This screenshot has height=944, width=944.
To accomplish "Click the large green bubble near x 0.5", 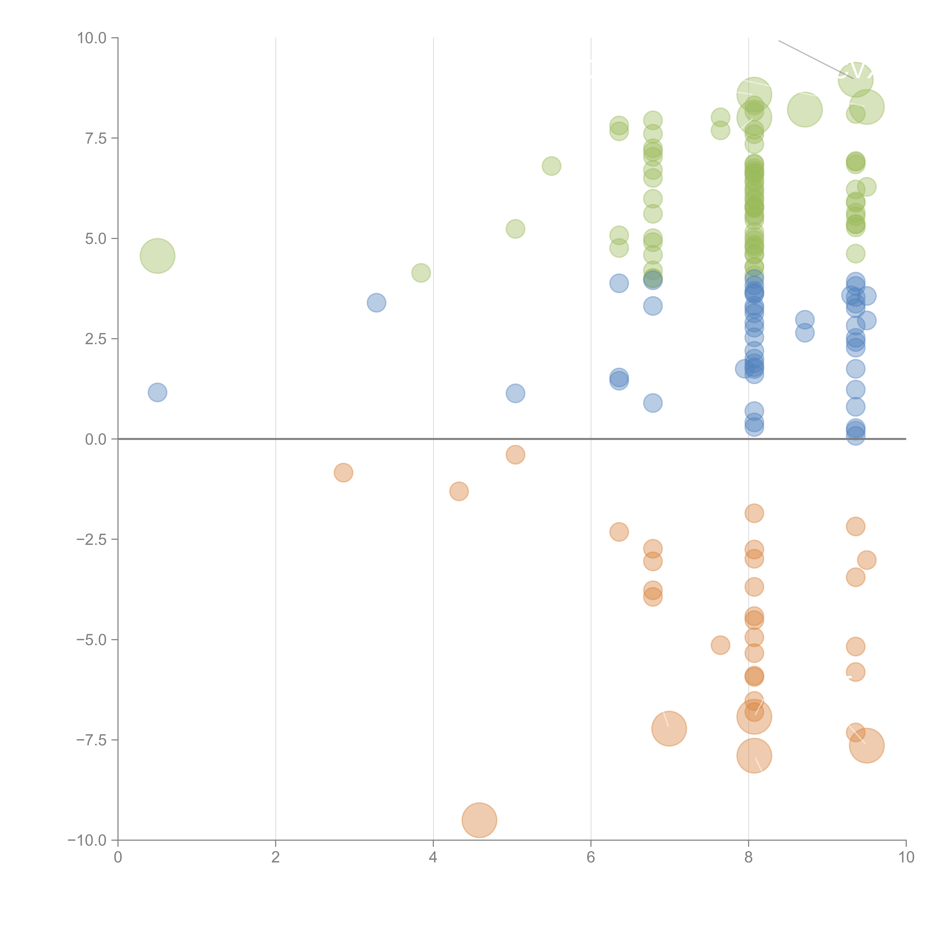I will (x=157, y=256).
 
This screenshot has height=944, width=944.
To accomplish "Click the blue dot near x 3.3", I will (x=376, y=303).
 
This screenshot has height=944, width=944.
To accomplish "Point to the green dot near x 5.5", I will (x=551, y=166).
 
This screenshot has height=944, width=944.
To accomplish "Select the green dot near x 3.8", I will (x=421, y=273).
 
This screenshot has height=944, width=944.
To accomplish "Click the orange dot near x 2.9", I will (x=343, y=473).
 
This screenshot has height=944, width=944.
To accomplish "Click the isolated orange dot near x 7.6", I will (x=720, y=645).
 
